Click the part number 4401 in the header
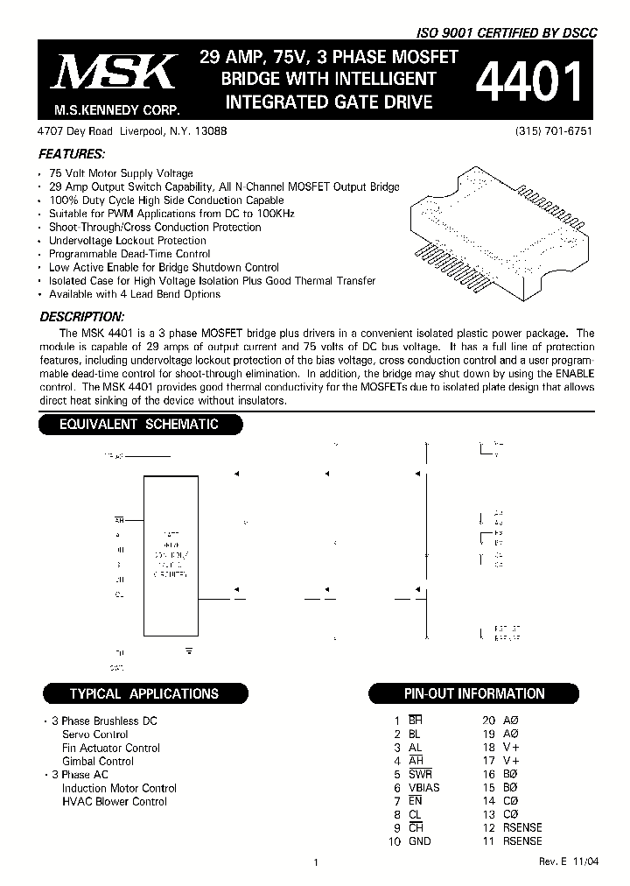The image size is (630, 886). [x=529, y=85]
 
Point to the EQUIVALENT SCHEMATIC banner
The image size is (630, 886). [x=138, y=425]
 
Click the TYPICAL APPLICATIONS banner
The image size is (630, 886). [x=143, y=694]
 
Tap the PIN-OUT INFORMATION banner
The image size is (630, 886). [x=473, y=694]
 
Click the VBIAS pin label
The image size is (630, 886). [x=424, y=788]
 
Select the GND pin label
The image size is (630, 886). [x=420, y=841]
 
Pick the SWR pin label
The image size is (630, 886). [x=421, y=775]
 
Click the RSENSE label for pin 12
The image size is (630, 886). [x=522, y=828]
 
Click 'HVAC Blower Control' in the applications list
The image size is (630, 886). [x=114, y=802]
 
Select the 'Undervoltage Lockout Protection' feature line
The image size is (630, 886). [x=128, y=241]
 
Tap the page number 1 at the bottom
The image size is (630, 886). [x=314, y=863]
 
